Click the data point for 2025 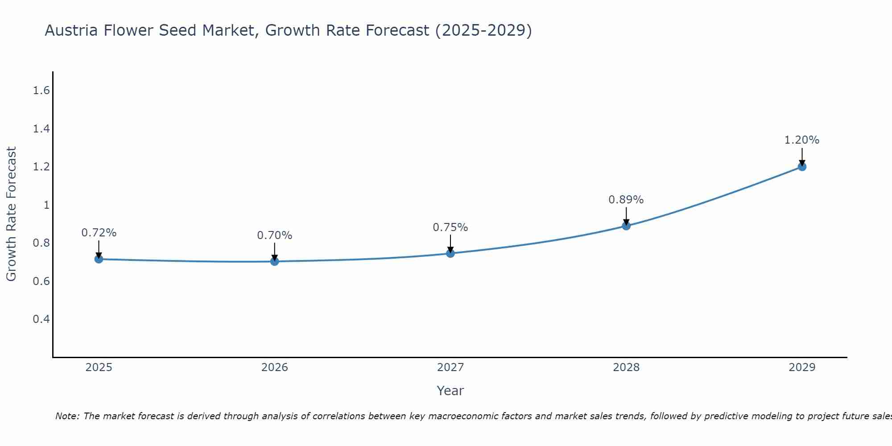pos(99,259)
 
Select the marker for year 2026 pos(275,261)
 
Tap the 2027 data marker pos(450,253)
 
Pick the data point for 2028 pos(626,226)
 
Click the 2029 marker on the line pos(802,167)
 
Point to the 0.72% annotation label pos(99,233)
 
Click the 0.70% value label pos(275,235)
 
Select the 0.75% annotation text pos(450,227)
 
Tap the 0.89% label pos(626,200)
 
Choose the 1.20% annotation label pos(802,140)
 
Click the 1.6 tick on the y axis pos(41,91)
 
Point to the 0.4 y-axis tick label pos(41,319)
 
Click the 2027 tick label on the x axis pos(450,368)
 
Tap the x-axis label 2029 pos(802,368)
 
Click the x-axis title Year pos(450,391)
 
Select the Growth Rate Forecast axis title pos(11,214)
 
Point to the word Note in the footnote pos(66,416)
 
